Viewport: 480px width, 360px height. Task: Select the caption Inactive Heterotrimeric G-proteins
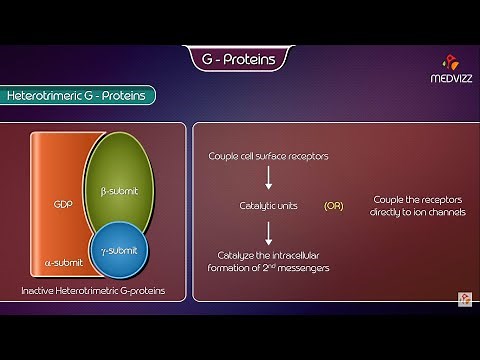[92, 291]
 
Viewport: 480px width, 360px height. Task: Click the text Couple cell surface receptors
[268, 156]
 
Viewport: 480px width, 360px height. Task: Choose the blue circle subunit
[119, 247]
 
